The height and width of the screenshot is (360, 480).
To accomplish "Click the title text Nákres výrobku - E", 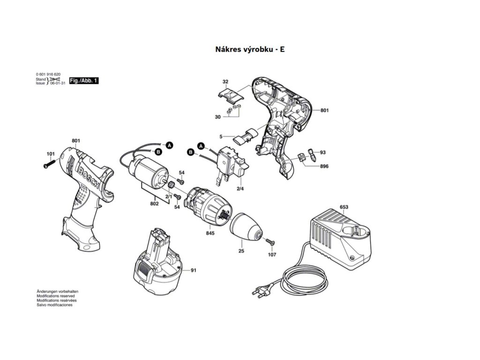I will coord(249,49).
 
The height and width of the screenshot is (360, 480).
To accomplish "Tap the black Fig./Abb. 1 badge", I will coord(84,81).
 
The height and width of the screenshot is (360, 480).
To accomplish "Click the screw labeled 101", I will coord(48,164).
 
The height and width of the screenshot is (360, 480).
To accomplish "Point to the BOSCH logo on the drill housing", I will coord(89,177).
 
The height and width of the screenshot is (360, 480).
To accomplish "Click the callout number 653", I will coord(344,207).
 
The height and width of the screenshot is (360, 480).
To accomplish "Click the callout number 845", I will coord(210,232).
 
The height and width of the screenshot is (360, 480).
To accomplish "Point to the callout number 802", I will coord(154,203).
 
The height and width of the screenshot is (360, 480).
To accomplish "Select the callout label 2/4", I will coord(240,188).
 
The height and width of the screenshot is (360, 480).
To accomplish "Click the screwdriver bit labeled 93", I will coord(310,155).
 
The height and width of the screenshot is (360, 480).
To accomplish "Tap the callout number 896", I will coord(324,166).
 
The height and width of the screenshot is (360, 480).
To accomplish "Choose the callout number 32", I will coord(225,82).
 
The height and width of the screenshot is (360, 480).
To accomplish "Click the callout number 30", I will coord(217,117).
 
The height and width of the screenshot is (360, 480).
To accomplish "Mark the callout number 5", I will coord(220,136).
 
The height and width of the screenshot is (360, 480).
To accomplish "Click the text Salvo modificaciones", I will coord(54,305).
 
